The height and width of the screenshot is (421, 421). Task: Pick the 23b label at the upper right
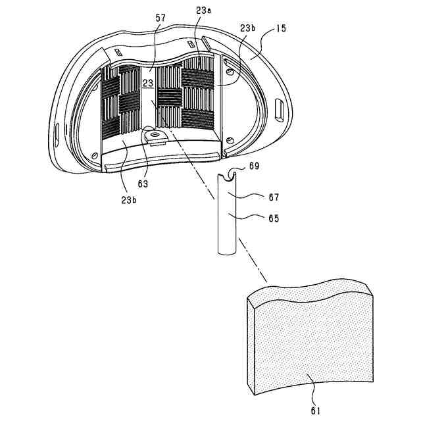click(x=247, y=30)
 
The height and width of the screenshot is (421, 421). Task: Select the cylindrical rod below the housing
click(x=224, y=217)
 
